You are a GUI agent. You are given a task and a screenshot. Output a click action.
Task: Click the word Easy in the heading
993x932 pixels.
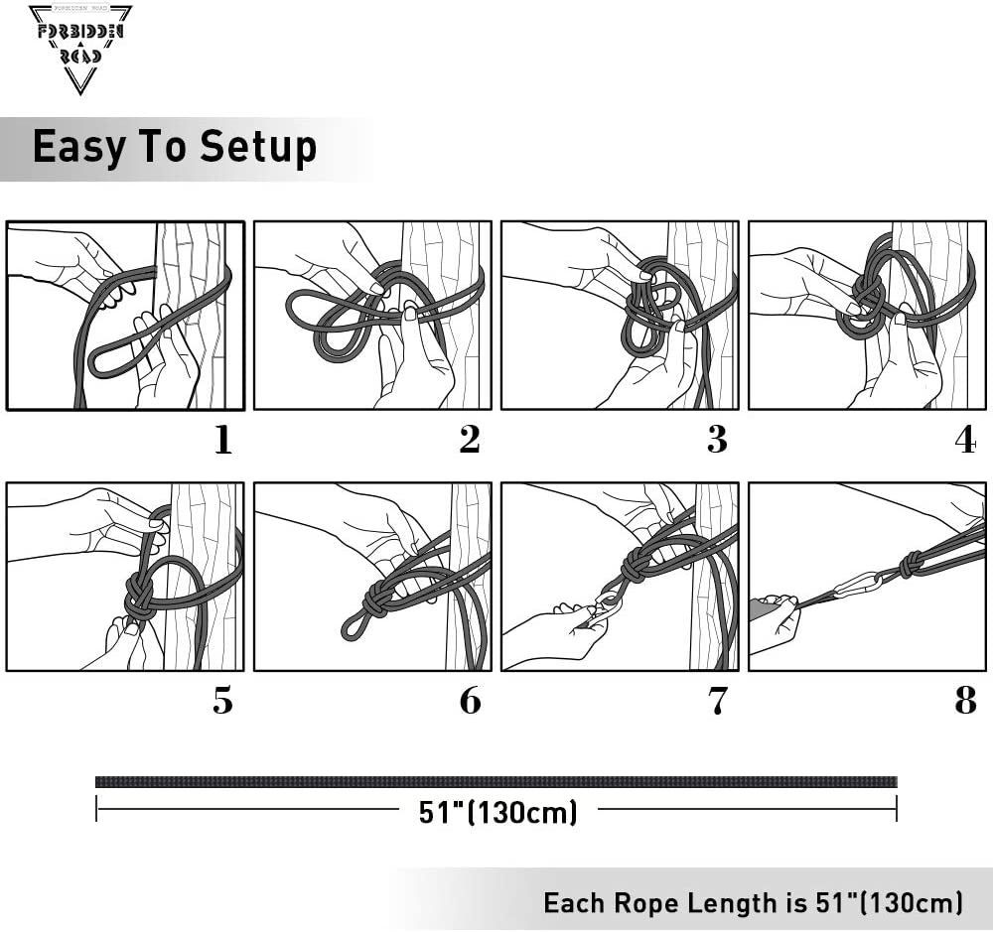pos(78,147)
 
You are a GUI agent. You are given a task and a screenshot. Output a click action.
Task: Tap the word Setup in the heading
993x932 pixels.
pos(258,148)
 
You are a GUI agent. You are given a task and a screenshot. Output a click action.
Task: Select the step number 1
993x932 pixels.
pos(222,440)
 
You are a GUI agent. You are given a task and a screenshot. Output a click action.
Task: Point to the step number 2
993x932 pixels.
pos(470,440)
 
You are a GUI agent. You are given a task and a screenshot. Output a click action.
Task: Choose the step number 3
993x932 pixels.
pos(717,440)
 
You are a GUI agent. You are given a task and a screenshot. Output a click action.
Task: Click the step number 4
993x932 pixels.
pos(965,440)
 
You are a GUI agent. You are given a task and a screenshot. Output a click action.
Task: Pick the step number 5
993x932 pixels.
pos(222,701)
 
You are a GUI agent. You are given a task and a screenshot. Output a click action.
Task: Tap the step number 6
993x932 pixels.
pos(470,701)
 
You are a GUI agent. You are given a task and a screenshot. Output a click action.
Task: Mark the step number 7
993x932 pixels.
pos(718,701)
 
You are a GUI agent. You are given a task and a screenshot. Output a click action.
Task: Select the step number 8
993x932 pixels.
pos(965,701)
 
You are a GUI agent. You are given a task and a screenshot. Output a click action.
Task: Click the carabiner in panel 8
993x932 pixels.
pos(856,586)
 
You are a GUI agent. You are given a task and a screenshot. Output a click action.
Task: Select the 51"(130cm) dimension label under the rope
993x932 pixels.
pos(497,812)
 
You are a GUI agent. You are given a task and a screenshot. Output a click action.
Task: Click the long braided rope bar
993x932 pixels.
pos(496,782)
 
